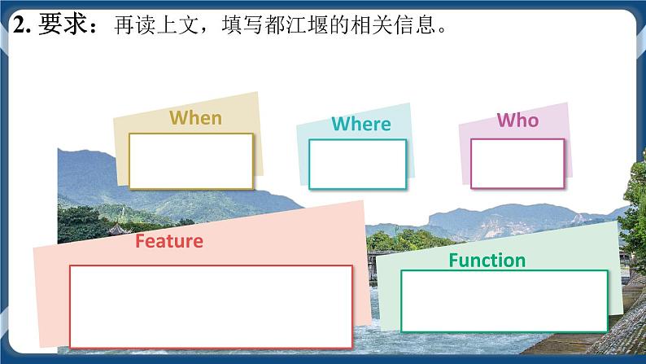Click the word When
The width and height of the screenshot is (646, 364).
[195, 117]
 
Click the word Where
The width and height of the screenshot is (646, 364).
[361, 124]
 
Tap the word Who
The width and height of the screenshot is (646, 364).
[517, 121]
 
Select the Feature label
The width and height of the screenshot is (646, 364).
[168, 241]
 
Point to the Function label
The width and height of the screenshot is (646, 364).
[487, 261]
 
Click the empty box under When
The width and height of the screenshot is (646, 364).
[191, 160]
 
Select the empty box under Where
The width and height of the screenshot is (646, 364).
[357, 164]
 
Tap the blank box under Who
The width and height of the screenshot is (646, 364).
[517, 163]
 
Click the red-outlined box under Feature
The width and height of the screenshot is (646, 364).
[211, 306]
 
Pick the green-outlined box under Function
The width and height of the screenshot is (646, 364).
[504, 300]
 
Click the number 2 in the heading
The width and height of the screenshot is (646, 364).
[17, 26]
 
